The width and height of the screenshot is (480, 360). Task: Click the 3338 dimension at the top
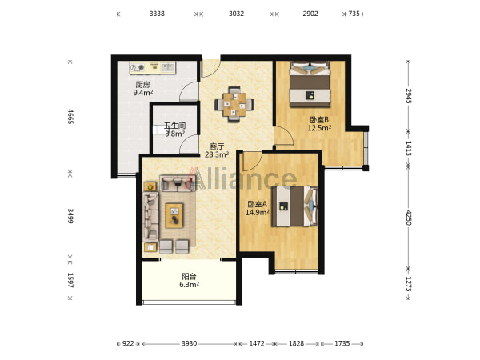tap(157, 14)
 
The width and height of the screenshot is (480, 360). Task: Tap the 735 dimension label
tap(354, 14)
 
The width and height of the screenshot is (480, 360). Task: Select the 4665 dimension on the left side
tap(70, 116)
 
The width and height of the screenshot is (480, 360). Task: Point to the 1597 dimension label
tap(70, 280)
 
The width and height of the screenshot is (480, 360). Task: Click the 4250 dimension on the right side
tap(408, 218)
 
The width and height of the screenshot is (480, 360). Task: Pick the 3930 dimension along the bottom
tap(189, 343)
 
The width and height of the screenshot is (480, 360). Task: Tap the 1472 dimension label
tap(257, 343)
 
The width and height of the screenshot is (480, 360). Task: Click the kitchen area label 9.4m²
tap(143, 93)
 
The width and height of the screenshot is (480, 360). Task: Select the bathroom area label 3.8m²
tap(174, 134)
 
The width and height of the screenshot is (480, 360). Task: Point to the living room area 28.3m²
tap(217, 154)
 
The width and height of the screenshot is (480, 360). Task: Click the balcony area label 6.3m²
tap(189, 285)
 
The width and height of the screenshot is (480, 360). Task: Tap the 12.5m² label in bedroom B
tap(319, 128)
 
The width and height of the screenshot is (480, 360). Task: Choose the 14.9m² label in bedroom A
tap(257, 212)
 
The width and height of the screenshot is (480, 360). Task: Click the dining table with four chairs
tap(234, 104)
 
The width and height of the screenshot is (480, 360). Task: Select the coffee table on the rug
tap(174, 215)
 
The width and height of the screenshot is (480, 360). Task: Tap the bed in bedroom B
tap(310, 84)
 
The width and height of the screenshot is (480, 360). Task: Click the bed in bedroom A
tap(294, 206)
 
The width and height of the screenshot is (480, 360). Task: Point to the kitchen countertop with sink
tap(152, 68)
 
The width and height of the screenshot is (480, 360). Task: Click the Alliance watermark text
tap(242, 178)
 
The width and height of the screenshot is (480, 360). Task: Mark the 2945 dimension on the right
tap(408, 96)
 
